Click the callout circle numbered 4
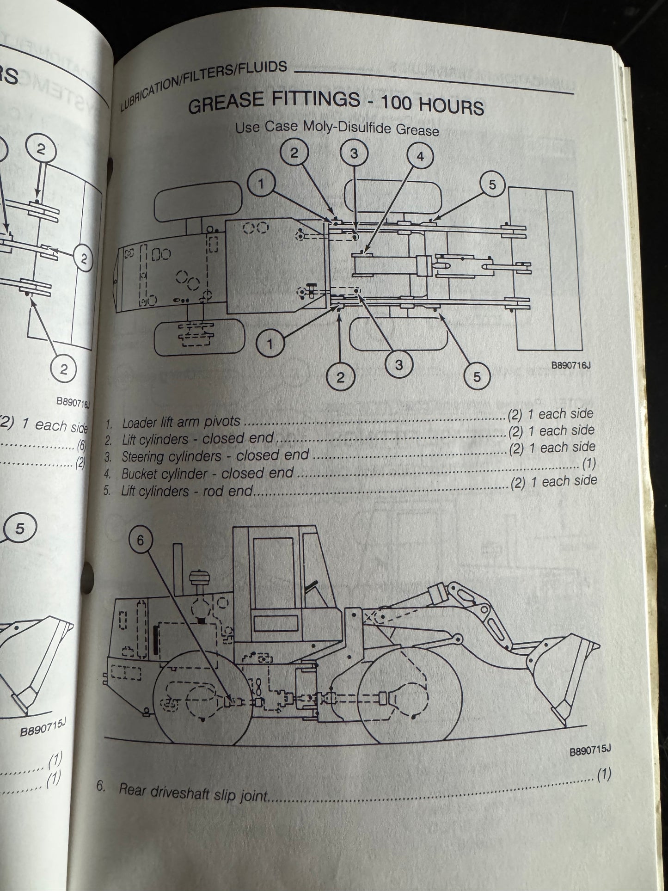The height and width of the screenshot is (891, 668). click(x=420, y=156)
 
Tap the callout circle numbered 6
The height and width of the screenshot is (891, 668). click(x=141, y=539)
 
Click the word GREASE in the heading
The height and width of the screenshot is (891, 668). click(x=227, y=104)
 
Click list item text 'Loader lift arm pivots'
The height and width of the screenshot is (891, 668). click(x=181, y=422)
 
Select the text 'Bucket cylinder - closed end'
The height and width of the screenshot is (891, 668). click(x=207, y=473)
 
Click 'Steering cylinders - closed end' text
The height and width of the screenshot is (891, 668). click(x=215, y=456)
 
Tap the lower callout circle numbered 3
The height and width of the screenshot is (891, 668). click(x=399, y=364)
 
